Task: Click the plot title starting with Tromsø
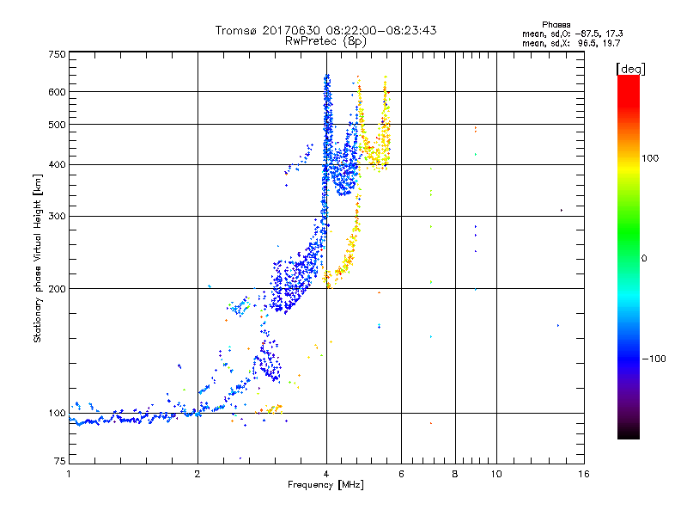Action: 325,30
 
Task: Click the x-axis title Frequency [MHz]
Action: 325,485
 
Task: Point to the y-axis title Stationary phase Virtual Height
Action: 38,258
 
